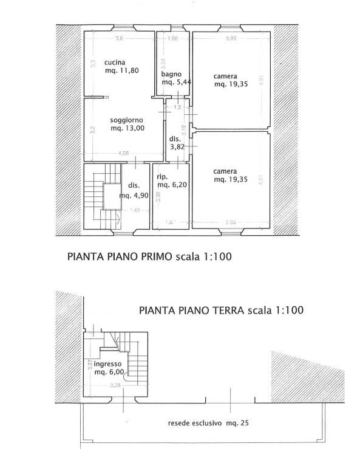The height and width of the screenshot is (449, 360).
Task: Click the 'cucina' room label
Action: [115, 62]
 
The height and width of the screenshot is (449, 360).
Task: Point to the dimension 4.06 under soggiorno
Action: [123, 153]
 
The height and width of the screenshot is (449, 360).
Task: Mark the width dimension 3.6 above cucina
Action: [120, 39]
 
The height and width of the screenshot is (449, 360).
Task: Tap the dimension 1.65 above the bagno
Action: [172, 39]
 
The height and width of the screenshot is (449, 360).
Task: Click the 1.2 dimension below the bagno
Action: [178, 107]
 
